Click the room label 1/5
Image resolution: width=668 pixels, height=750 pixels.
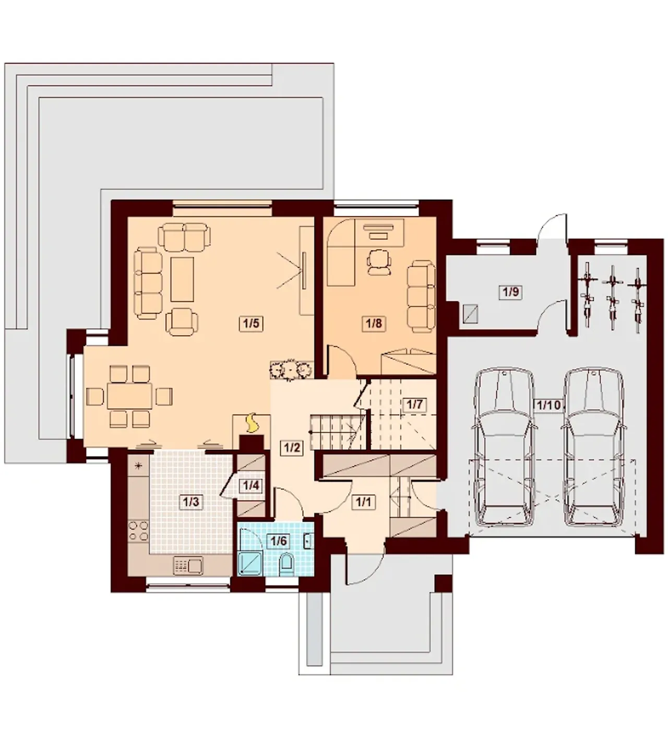pyautogui.click(x=251, y=324)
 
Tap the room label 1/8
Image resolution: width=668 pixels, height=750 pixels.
pyautogui.click(x=374, y=324)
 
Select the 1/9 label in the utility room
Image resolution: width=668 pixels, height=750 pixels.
pyautogui.click(x=511, y=292)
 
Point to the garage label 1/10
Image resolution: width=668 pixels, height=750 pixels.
pyautogui.click(x=548, y=405)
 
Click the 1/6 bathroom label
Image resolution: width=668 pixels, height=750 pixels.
pyautogui.click(x=279, y=541)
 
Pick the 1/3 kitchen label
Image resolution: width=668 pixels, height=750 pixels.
pyautogui.click(x=192, y=502)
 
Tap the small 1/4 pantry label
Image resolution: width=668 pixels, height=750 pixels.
pyautogui.click(x=251, y=485)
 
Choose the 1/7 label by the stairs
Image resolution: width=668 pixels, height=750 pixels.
pyautogui.click(x=414, y=404)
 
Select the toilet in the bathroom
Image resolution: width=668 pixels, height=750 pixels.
pyautogui.click(x=286, y=563)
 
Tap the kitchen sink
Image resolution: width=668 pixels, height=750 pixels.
pyautogui.click(x=188, y=565)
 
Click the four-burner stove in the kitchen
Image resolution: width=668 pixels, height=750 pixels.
pyautogui.click(x=138, y=531)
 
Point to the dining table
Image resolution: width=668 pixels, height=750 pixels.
pyautogui.click(x=130, y=396)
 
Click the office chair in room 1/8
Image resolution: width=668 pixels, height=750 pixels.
pyautogui.click(x=379, y=263)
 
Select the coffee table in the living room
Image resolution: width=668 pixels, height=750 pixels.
pyautogui.click(x=182, y=279)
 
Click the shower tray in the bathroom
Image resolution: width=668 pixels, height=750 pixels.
pyautogui.click(x=250, y=563)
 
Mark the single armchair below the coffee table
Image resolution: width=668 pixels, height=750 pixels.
pyautogui.click(x=182, y=322)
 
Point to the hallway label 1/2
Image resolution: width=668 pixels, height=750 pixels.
pyautogui.click(x=292, y=448)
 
